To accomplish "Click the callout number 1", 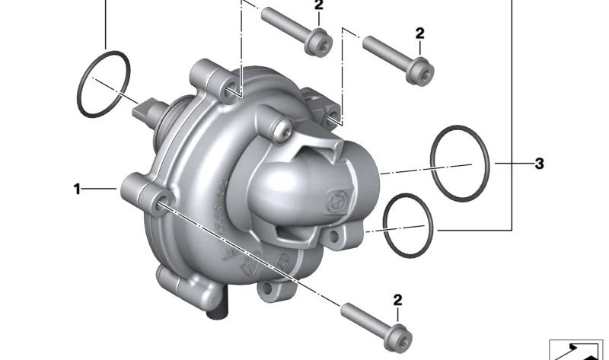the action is [x=77, y=189].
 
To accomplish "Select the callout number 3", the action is [x=539, y=164].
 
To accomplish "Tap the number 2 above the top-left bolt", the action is [x=318, y=5].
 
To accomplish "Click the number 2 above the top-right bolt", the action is [x=420, y=33].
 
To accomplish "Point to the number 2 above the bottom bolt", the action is [x=397, y=300].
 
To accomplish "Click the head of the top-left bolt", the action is [x=318, y=42].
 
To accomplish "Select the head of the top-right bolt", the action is [x=420, y=71].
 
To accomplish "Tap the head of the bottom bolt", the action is [x=397, y=339].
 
